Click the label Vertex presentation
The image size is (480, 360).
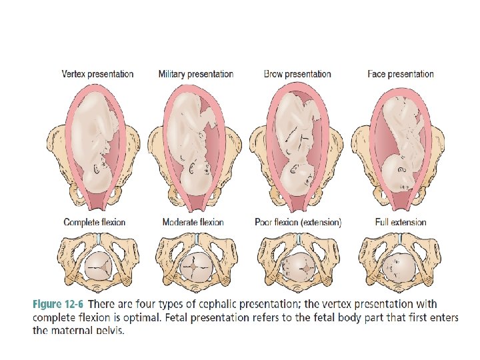(97, 74)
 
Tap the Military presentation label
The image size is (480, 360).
(196, 74)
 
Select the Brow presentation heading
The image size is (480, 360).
(297, 74)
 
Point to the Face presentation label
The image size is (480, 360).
(401, 74)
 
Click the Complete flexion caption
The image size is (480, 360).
(94, 222)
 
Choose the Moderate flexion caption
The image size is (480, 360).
(193, 222)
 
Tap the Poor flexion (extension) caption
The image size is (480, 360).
(298, 222)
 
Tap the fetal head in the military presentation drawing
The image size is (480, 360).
(197, 181)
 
